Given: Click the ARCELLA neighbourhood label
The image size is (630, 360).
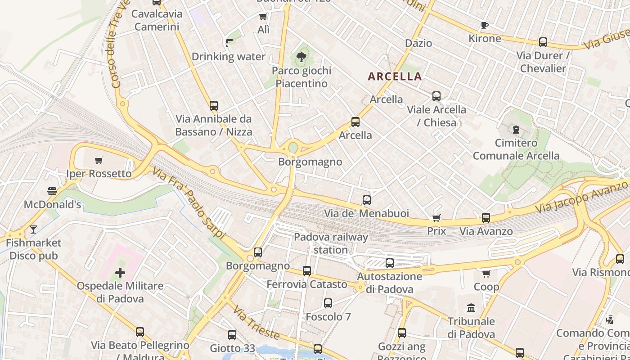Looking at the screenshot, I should pyautogui.click(x=395, y=76).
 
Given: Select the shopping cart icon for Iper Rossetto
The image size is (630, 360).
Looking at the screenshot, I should pyautogui.click(x=99, y=160).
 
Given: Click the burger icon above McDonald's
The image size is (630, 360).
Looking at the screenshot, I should pyautogui.click(x=52, y=191).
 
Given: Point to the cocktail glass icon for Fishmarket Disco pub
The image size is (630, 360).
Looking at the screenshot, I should pyautogui.click(x=33, y=229).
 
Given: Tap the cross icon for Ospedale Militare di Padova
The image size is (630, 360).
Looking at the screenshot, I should pyautogui.click(x=120, y=272).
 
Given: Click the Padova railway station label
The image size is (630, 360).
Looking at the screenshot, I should pyautogui.click(x=331, y=243).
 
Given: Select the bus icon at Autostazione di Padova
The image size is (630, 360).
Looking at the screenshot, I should pyautogui.click(x=390, y=263).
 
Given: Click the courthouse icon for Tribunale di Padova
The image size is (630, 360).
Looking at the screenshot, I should pyautogui.click(x=471, y=308).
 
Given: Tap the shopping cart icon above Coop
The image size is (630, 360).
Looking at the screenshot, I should pyautogui.click(x=486, y=274).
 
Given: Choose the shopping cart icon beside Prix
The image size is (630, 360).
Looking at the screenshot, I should pyautogui.click(x=436, y=218).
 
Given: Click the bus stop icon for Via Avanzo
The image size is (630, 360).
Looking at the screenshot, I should pyautogui.click(x=486, y=218).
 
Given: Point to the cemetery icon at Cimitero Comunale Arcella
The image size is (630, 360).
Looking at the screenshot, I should pyautogui.click(x=515, y=130).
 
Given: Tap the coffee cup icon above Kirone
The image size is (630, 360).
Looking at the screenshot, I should pyautogui.click(x=484, y=25).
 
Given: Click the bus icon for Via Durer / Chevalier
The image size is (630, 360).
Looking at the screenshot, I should pyautogui.click(x=543, y=42).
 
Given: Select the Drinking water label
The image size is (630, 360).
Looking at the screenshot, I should pyautogui.click(x=229, y=57).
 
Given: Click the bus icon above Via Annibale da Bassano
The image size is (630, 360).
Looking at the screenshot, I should pyautogui.click(x=214, y=106).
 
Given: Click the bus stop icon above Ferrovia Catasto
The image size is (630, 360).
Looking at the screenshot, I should pyautogui.click(x=307, y=271).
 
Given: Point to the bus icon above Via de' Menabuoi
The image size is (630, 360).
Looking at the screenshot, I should pyautogui.click(x=367, y=200).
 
